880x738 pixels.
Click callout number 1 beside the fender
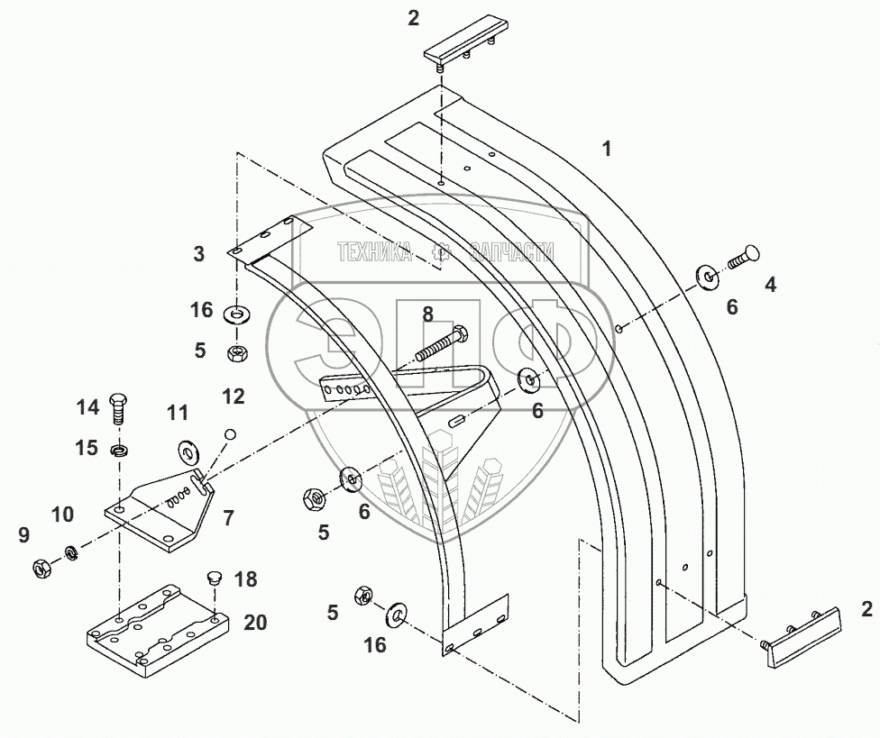(x=608, y=149)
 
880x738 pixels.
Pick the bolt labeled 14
(x=117, y=409)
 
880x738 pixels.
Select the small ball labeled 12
(x=230, y=434)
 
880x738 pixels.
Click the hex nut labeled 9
(x=41, y=568)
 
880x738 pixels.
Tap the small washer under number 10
(x=69, y=551)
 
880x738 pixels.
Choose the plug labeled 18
(x=214, y=577)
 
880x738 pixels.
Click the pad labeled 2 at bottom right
(x=802, y=636)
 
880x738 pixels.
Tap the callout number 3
(x=199, y=254)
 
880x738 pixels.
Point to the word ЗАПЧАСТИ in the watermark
(x=511, y=253)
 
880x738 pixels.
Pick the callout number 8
(x=427, y=314)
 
